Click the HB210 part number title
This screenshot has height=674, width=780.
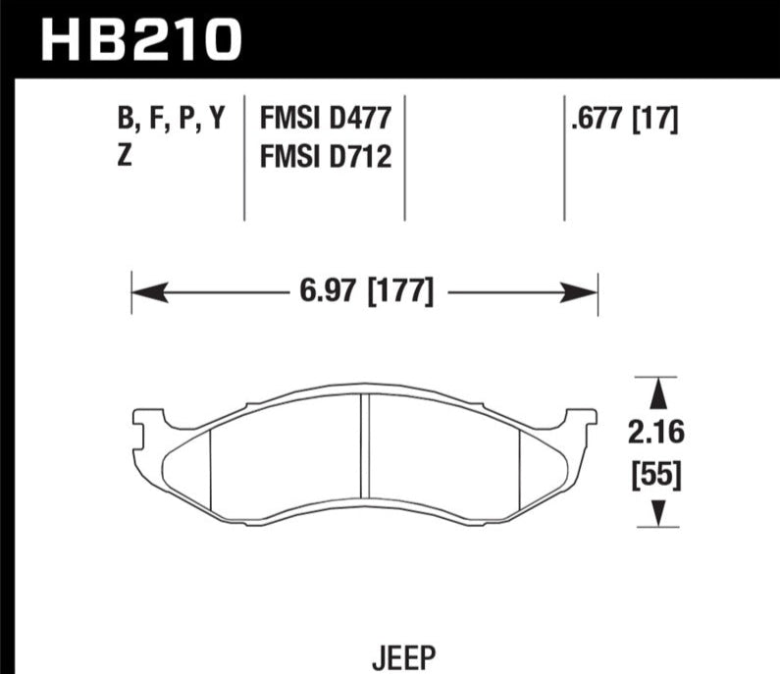tap(141, 40)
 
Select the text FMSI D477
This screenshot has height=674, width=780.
tap(326, 119)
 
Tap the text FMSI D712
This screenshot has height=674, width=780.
tap(326, 156)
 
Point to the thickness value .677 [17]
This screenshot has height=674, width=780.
tap(625, 120)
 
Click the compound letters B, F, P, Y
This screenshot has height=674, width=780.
tap(172, 120)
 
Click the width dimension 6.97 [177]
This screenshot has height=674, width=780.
tap(367, 291)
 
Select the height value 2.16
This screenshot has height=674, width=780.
tap(656, 432)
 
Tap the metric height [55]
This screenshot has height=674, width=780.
tap(656, 475)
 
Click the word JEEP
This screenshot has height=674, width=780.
tap(404, 657)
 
